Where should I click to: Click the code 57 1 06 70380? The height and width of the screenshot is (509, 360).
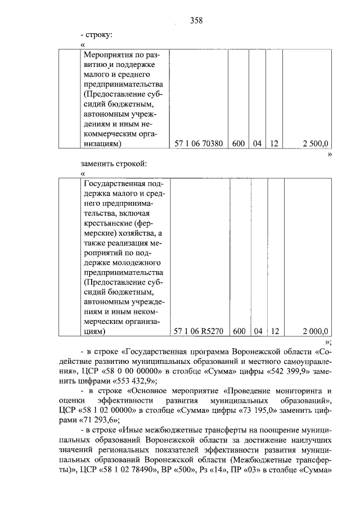pyautogui.click(x=196, y=144)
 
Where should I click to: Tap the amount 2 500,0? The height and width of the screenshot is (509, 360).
pyautogui.click(x=315, y=144)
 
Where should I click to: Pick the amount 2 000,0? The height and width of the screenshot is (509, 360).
pyautogui.click(x=315, y=331)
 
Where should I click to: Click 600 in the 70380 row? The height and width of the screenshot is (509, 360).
pyautogui.click(x=238, y=144)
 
